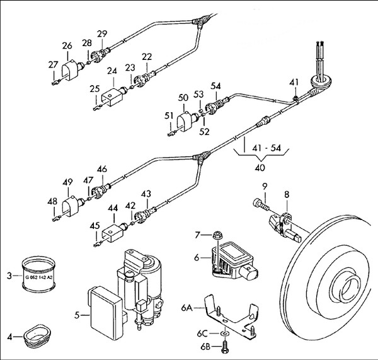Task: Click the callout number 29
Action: [x=102, y=33]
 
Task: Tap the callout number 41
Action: [x=294, y=83]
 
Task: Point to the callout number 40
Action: [x=260, y=168]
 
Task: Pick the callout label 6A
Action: [x=186, y=308]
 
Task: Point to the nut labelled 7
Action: [x=216, y=235]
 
